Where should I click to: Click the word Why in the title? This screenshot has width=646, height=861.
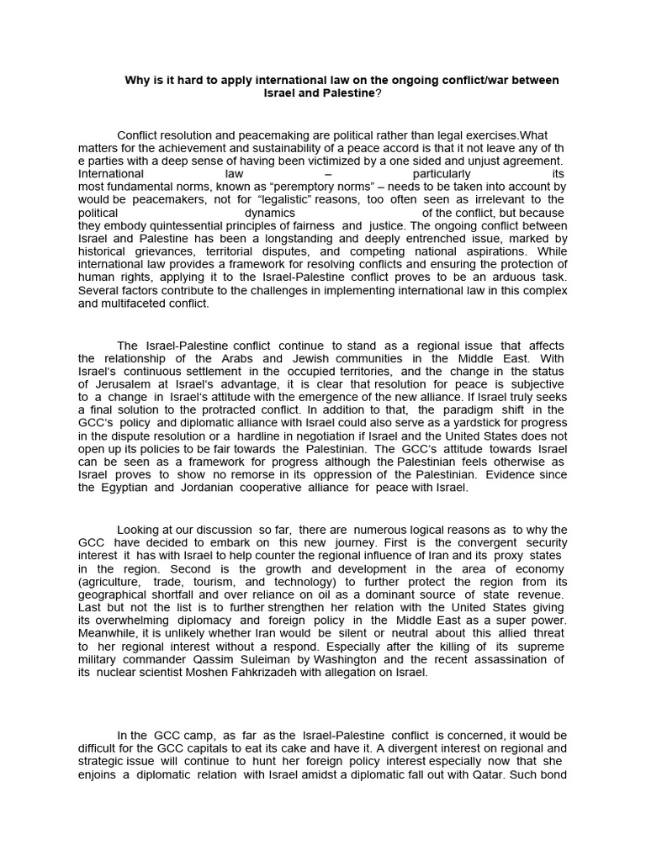(x=137, y=80)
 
